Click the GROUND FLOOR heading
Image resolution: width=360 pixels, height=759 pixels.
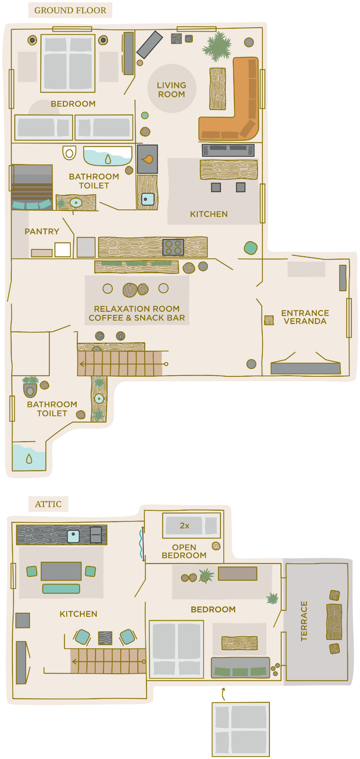point(70,11)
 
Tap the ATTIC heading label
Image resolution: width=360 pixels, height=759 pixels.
point(48,504)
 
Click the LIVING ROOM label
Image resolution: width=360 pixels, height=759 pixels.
point(172,90)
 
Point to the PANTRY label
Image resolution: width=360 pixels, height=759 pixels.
point(42,232)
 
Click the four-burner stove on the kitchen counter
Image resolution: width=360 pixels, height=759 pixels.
point(173,247)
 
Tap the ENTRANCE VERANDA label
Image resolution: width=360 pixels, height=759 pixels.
point(305,317)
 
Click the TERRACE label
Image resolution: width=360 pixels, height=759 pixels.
point(304,621)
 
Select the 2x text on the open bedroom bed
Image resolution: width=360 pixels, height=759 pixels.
point(185,526)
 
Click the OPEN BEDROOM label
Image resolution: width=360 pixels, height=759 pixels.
point(184,551)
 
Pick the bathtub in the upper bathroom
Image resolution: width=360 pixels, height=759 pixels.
point(107,156)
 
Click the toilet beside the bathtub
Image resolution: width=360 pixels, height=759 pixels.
point(69,153)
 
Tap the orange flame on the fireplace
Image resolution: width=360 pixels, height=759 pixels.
point(147,159)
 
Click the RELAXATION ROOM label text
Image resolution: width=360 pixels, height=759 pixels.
point(137,309)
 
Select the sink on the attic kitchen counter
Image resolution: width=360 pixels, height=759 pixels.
point(73,536)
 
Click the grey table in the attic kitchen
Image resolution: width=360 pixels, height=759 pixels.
point(61,571)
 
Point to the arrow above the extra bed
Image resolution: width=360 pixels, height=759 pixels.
point(224,694)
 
